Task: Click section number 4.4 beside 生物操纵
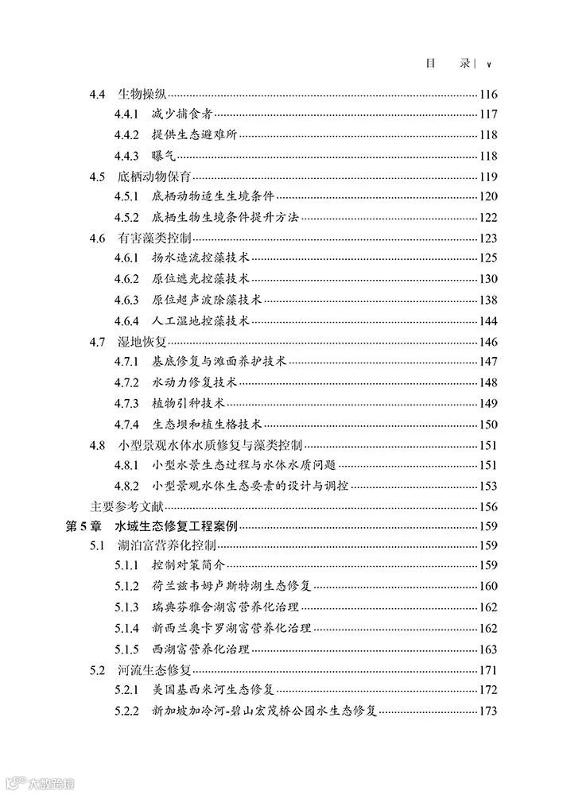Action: click(98, 94)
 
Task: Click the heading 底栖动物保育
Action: click(154, 176)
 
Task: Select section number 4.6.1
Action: click(126, 258)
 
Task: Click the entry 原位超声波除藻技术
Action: click(208, 300)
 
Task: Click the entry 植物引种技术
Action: click(188, 403)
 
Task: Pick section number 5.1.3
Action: click(126, 607)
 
